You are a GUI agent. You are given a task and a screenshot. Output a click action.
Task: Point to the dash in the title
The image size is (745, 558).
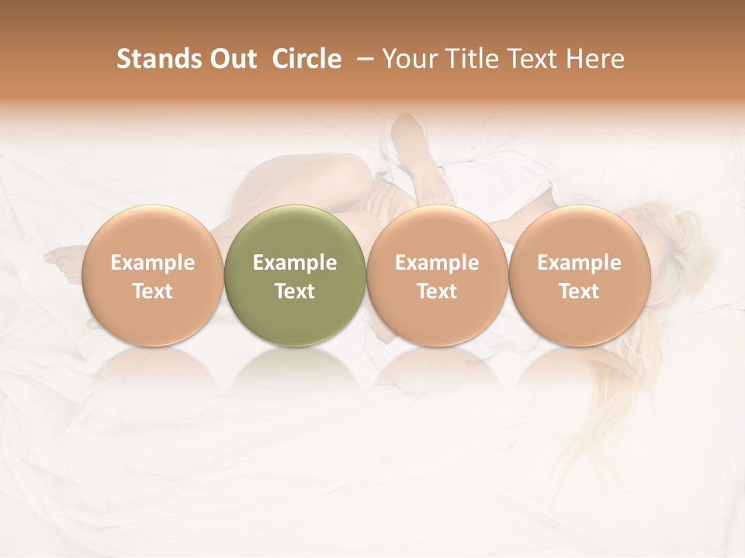(362, 59)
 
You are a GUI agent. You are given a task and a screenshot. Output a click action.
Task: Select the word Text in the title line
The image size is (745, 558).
(529, 59)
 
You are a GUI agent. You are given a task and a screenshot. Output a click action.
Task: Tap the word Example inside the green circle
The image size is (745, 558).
(295, 263)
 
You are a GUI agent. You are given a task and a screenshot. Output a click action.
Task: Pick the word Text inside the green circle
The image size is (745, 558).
(295, 291)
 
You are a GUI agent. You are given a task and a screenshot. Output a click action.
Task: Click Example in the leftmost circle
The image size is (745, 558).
(152, 263)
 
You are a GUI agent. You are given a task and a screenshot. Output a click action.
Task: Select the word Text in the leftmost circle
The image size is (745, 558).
(152, 291)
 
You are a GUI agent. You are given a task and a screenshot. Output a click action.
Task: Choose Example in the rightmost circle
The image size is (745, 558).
(579, 263)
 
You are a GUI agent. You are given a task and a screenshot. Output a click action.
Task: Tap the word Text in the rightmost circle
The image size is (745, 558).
(579, 291)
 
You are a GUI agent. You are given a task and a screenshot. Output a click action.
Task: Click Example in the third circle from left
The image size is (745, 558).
(437, 263)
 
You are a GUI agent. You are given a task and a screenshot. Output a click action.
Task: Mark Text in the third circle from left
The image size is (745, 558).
(437, 291)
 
